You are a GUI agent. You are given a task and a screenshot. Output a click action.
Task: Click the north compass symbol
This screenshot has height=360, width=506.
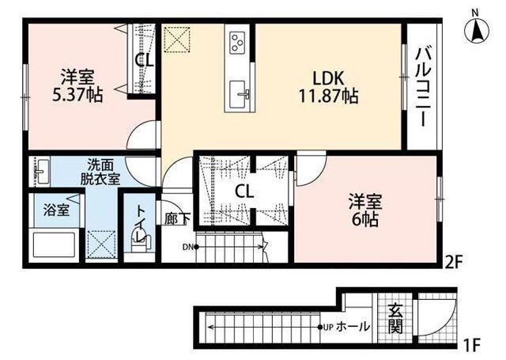[476, 28]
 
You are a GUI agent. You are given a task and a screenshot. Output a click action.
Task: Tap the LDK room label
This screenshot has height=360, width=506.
[328, 78]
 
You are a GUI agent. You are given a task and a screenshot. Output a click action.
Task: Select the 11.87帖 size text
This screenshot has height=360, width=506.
[328, 97]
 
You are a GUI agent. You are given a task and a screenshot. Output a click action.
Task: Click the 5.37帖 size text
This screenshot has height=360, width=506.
[77, 95]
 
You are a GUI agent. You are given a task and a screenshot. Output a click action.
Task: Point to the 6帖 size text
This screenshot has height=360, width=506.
[365, 219]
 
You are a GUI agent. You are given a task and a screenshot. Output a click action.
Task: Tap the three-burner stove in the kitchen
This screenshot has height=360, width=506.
[237, 43]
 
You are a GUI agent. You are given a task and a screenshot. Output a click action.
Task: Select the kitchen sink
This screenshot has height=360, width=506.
[239, 95]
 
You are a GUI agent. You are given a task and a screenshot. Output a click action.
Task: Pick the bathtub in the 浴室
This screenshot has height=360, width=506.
[55, 244]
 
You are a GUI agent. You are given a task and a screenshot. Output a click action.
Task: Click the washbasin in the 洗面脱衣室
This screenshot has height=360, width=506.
[40, 171]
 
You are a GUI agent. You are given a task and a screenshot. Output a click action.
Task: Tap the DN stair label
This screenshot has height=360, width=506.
[187, 248]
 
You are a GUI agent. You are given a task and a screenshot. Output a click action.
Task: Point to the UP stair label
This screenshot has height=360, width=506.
[329, 327]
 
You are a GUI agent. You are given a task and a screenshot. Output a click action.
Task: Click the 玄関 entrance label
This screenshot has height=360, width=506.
[395, 318]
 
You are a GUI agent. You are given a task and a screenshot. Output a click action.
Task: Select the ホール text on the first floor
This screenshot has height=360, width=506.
[353, 327]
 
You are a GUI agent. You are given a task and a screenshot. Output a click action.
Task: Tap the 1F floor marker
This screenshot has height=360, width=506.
[472, 345]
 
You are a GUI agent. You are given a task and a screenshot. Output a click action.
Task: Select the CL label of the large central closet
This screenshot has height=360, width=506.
[244, 191]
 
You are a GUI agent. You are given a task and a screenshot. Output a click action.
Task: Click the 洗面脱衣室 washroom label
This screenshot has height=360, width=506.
[100, 172]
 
